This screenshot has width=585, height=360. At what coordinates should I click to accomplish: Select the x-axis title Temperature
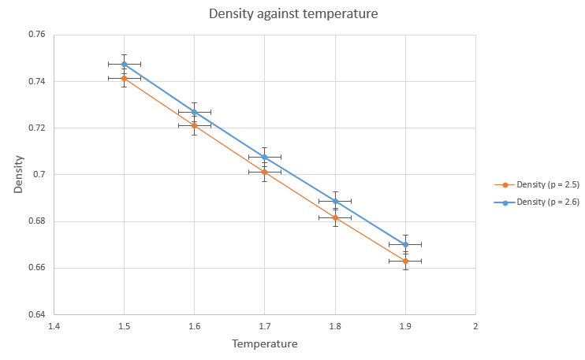(264, 344)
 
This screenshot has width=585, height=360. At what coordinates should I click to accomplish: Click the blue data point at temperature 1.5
(124, 64)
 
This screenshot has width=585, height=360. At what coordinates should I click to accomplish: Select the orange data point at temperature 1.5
(124, 78)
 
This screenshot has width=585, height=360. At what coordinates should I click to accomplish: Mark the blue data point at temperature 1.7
(265, 157)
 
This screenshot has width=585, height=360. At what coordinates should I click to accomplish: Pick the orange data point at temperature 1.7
(265, 172)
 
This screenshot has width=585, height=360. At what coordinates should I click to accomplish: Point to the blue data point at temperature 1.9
(405, 244)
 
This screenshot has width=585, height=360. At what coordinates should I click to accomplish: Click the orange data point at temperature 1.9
(405, 261)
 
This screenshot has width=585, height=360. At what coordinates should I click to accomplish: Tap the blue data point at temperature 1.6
(194, 112)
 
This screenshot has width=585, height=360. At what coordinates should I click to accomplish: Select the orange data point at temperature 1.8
(335, 217)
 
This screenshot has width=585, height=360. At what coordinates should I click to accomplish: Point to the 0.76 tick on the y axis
(35, 35)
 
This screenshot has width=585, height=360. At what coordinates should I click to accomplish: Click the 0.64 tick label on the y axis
(35, 315)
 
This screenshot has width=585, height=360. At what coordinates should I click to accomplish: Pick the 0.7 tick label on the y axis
(39, 175)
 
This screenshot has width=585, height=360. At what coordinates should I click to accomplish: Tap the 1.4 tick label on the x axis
(54, 325)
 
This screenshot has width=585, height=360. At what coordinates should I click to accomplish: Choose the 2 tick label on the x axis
(475, 325)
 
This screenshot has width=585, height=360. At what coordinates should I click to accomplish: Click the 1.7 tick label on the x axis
(265, 325)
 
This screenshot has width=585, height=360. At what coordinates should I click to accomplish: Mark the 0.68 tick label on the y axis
(35, 221)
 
